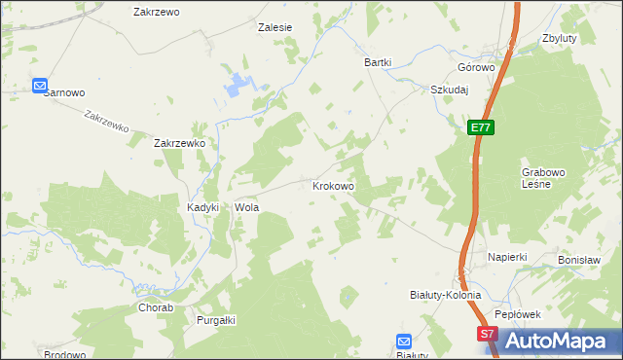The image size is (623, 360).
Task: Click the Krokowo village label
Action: (x=332, y=185)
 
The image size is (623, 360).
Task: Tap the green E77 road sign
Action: (x=480, y=127)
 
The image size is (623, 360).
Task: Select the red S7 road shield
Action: (x=489, y=334)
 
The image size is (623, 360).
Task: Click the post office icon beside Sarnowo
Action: (x=40, y=86)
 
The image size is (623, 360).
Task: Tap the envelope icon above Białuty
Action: (x=405, y=341)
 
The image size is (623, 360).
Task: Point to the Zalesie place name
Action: (x=275, y=28)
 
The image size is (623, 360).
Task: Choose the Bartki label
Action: (x=378, y=62)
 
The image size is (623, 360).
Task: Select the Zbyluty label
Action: (x=562, y=39)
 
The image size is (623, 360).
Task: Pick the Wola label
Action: (x=245, y=208)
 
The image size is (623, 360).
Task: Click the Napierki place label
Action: (x=507, y=257)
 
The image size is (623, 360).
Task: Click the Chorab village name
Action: (x=155, y=307)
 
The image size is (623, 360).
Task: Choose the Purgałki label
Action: (x=217, y=320)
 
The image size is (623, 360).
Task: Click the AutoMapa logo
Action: (x=559, y=341)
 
